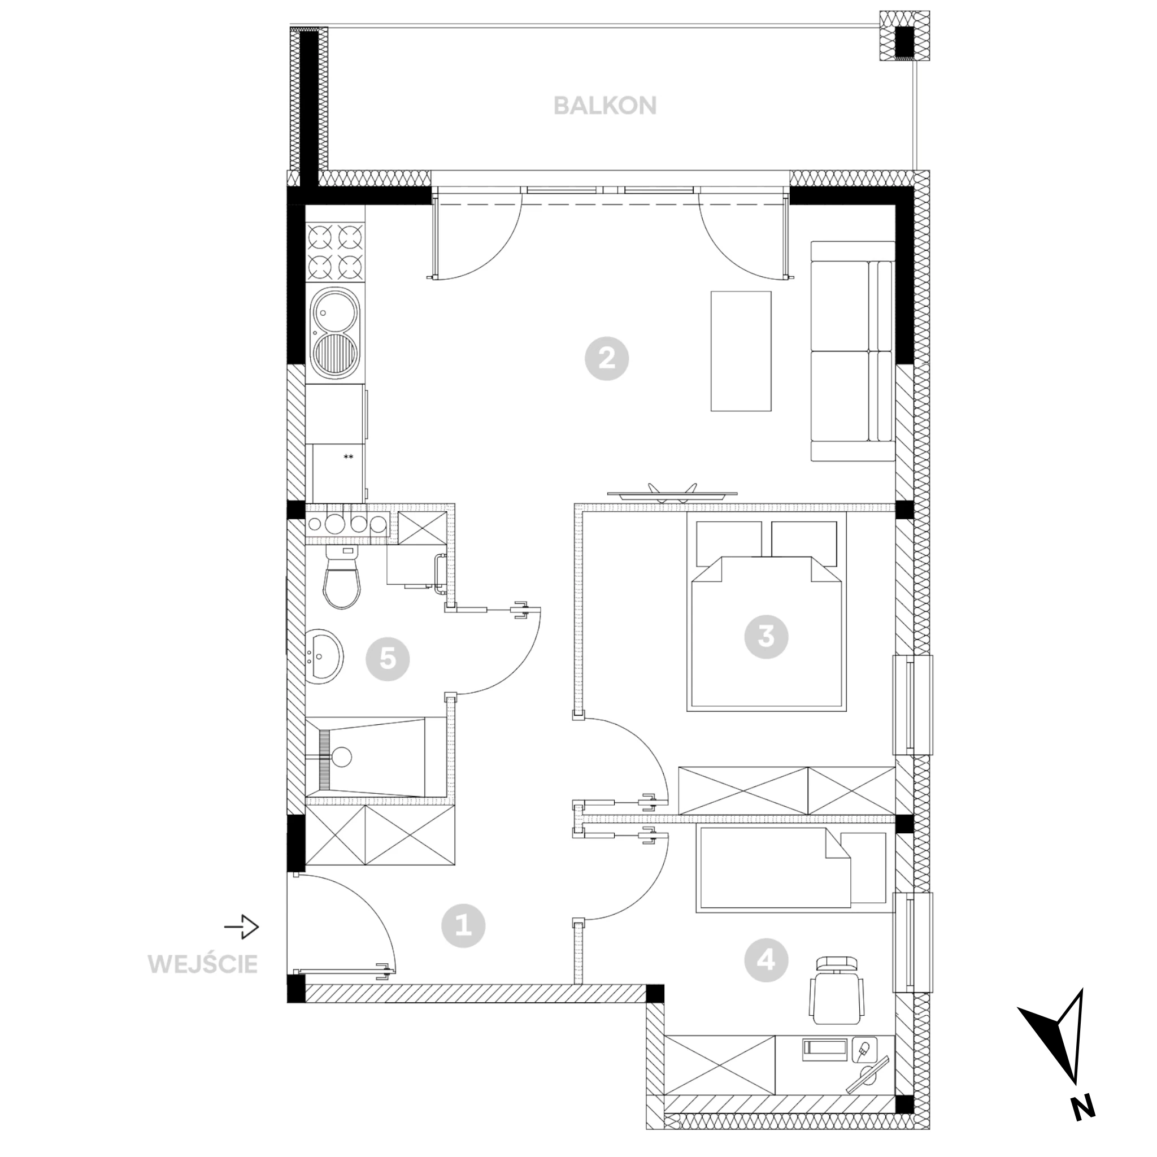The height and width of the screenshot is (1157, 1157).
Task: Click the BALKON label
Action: pyautogui.click(x=605, y=106)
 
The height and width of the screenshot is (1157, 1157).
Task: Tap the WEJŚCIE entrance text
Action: pyautogui.click(x=203, y=964)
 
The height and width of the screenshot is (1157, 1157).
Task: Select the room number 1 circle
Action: pyautogui.click(x=463, y=927)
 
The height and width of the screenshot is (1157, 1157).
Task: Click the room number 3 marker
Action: pyautogui.click(x=766, y=637)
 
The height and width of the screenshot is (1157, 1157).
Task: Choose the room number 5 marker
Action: pyautogui.click(x=388, y=659)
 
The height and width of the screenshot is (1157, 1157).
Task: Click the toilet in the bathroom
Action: pyautogui.click(x=342, y=577)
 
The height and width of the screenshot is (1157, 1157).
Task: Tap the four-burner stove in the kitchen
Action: pyautogui.click(x=335, y=251)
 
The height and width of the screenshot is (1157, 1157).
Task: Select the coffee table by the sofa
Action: pyautogui.click(x=741, y=351)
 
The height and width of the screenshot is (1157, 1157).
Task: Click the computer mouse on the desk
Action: pyautogui.click(x=864, y=1048)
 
